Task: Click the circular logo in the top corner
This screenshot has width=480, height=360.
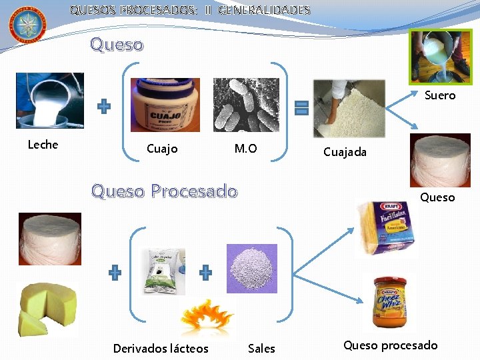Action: (27, 25)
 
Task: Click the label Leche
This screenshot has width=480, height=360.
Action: (43, 145)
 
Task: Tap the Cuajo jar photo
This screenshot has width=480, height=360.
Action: (165, 105)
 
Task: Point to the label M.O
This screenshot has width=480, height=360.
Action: (245, 149)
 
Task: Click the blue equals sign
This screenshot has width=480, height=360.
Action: (301, 108)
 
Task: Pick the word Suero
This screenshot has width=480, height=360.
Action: (440, 95)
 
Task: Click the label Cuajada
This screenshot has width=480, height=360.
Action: (345, 152)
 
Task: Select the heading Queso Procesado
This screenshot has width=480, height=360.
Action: (164, 192)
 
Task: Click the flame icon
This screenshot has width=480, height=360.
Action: (207, 314)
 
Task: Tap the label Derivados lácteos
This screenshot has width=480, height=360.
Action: (161, 349)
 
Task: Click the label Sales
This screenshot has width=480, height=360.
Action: (261, 349)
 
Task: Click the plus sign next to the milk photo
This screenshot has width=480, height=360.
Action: (105, 107)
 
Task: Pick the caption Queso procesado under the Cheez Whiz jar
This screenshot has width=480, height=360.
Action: (391, 345)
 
